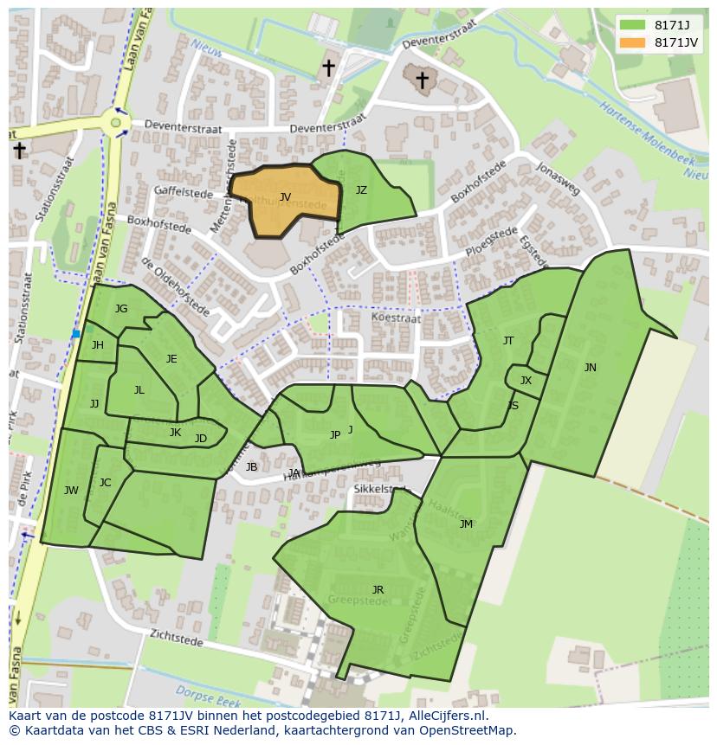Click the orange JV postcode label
pyautogui.click(x=285, y=197)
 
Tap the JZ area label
pyautogui.click(x=361, y=190)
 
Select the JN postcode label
pyautogui.click(x=590, y=368)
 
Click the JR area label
pyautogui.click(x=378, y=590)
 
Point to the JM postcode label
pyautogui.click(x=466, y=524)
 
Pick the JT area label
pyautogui.click(x=508, y=341)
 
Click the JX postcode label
pyautogui.click(x=526, y=381)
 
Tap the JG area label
pyautogui.click(x=121, y=309)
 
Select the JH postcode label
pyautogui.click(x=98, y=345)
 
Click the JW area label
pyautogui.click(x=71, y=491)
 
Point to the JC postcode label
pyautogui.click(x=105, y=483)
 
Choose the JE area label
pyautogui.click(x=171, y=359)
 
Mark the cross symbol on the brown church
pyautogui.click(x=422, y=80)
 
